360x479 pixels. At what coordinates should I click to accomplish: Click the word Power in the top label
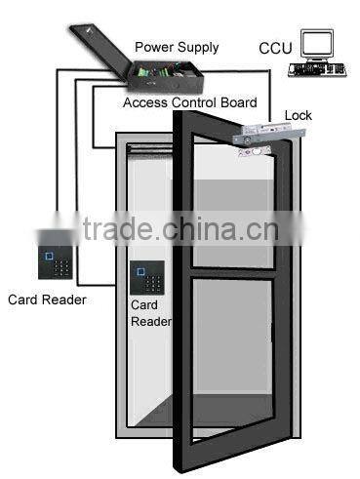[x=152, y=47]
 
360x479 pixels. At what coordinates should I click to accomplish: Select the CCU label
[x=275, y=48]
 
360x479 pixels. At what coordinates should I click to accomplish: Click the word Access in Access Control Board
[x=145, y=102]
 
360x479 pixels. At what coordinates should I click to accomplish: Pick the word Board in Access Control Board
[x=237, y=102]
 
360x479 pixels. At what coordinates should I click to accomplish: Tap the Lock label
[x=298, y=115]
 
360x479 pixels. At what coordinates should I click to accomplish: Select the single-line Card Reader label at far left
[x=46, y=299]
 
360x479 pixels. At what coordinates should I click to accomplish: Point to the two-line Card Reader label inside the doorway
[x=150, y=312]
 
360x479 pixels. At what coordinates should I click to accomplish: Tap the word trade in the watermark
[x=116, y=230]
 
